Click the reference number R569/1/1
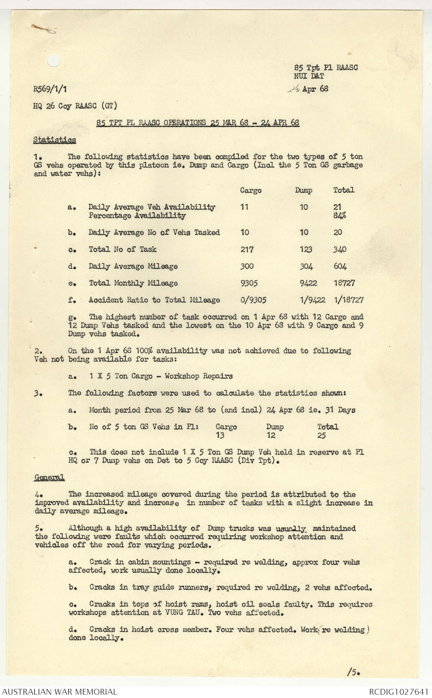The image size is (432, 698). (52, 89)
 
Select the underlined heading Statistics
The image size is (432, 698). (54, 140)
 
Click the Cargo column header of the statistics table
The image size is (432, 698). (250, 191)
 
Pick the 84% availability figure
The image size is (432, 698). (340, 216)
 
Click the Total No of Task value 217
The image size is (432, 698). (247, 250)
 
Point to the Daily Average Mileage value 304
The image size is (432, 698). (306, 267)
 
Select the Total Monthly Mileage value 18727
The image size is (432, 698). (344, 283)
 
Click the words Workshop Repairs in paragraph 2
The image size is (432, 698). (198, 376)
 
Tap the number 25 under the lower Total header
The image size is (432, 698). (322, 436)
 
